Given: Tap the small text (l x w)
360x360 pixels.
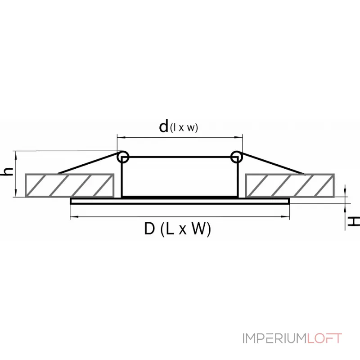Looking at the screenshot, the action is [x=184, y=128].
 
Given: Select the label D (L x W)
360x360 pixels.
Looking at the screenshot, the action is [x=177, y=229].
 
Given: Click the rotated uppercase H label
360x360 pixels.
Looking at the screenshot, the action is [x=353, y=221].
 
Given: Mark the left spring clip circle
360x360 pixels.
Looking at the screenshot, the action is [x=123, y=157].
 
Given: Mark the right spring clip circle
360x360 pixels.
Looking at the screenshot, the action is [x=237, y=157].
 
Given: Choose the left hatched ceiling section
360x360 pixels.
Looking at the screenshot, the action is [x=69, y=185].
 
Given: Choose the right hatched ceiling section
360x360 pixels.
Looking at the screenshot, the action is [x=290, y=185].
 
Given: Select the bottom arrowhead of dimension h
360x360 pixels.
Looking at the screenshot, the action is [x=16, y=193].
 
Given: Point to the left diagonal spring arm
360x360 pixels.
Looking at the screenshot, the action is [x=88, y=163].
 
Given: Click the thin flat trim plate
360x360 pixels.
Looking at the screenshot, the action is [x=180, y=201].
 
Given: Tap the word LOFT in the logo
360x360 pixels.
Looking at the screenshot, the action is [x=324, y=338].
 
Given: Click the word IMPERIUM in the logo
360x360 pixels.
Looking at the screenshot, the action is [x=275, y=338].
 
